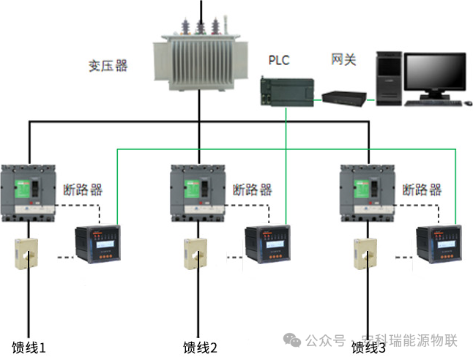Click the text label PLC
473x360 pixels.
[280, 59]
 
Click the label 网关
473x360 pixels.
[343, 59]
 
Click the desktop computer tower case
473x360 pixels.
[389, 79]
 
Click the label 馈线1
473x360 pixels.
[29, 347]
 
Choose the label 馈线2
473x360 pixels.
[200, 347]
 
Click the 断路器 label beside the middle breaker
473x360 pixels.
[253, 190]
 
